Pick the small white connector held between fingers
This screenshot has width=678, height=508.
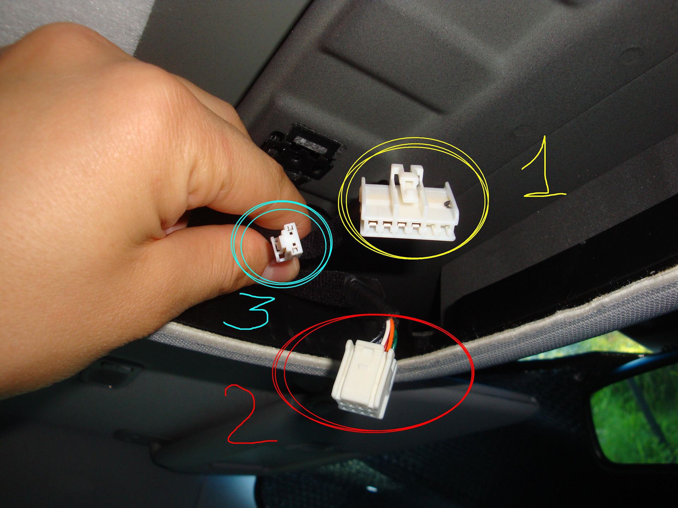[x=287, y=242]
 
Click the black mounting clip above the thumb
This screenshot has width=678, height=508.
[x=300, y=152]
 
